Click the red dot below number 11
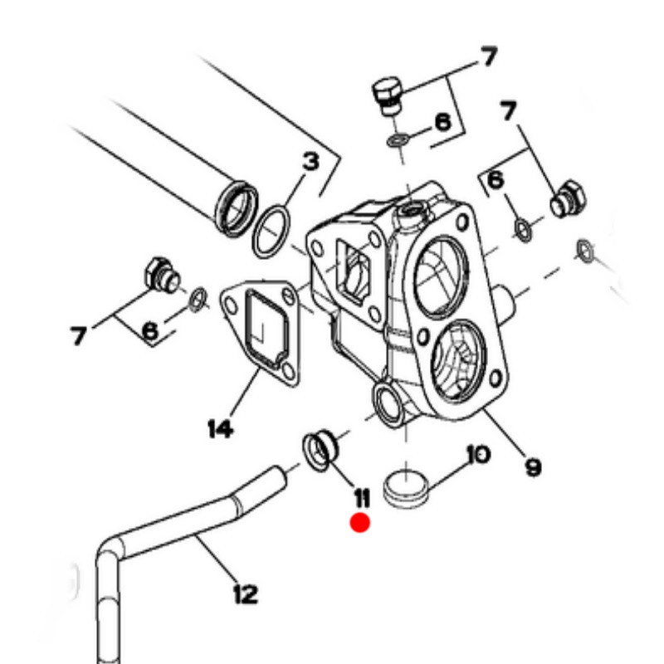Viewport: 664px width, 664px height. [x=360, y=523]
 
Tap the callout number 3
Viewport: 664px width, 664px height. [x=310, y=162]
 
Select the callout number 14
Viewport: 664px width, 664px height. [x=221, y=428]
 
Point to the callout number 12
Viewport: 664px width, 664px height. [x=246, y=593]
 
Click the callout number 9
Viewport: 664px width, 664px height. [x=533, y=467]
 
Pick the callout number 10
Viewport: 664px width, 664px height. [x=479, y=454]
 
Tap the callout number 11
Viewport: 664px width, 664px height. [x=362, y=498]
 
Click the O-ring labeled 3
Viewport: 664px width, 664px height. [x=271, y=232]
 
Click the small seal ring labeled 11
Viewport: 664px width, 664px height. [x=320, y=450]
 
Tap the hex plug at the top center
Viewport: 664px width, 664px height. [x=388, y=95]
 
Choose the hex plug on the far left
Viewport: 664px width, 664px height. [x=162, y=275]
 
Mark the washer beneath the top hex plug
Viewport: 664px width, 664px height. [x=398, y=139]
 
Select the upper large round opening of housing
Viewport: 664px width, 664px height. [x=442, y=277]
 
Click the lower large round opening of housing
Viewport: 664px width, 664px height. [x=458, y=361]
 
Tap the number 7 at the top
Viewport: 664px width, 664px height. [x=489, y=56]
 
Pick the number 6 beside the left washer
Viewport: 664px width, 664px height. [x=150, y=330]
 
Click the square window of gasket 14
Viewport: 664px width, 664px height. [x=267, y=327]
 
